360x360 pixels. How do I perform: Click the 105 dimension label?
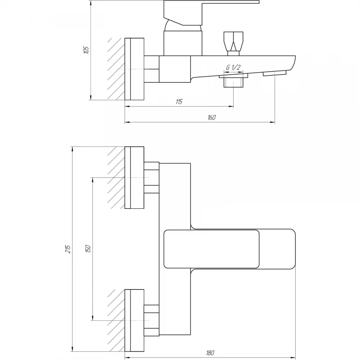[86, 50]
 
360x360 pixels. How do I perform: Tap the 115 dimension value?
[179, 102]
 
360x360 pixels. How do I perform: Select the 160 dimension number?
[211, 117]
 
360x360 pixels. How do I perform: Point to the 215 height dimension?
[68, 249]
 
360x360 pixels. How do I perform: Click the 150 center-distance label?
[88, 249]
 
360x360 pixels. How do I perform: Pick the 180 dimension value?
[210, 353]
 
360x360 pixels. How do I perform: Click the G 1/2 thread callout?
[233, 68]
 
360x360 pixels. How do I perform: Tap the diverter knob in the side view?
[233, 44]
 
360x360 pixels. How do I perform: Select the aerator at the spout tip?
[275, 73]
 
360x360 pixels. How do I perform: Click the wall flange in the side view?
[134, 69]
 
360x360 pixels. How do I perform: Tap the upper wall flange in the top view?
[134, 177]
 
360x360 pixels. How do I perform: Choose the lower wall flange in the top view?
[134, 320]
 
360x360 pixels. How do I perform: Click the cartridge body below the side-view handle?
[183, 43]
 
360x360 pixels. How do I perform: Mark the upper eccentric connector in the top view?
[152, 177]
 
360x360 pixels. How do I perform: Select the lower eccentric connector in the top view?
[152, 320]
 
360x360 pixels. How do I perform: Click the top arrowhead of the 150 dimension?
[93, 180]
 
